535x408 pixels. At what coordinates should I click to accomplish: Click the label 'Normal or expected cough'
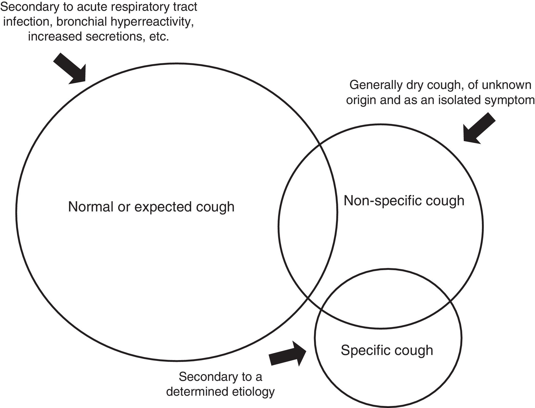(151, 207)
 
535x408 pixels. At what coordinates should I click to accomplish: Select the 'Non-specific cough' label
(404, 201)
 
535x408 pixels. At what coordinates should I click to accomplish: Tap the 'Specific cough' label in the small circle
(387, 350)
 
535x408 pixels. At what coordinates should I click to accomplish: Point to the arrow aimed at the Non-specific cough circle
(478, 128)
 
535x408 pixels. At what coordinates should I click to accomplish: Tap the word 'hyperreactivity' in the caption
(152, 22)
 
